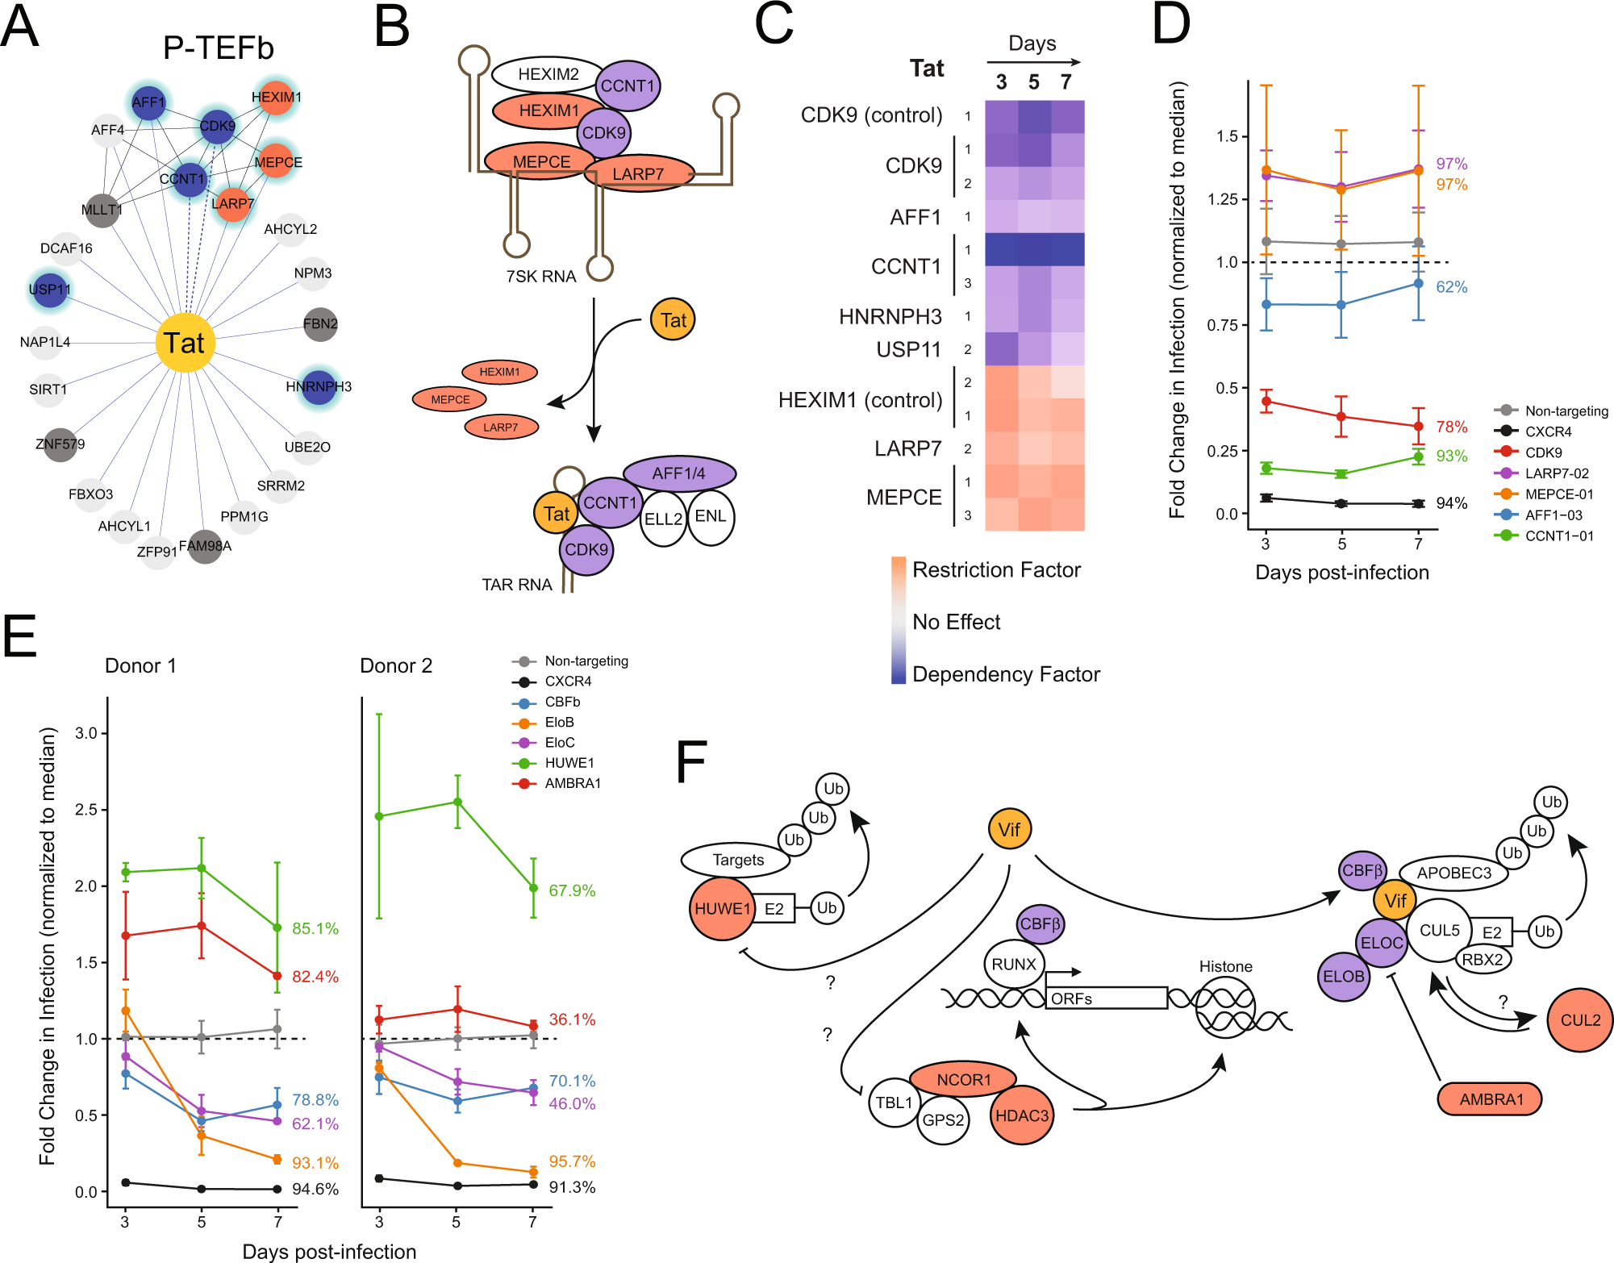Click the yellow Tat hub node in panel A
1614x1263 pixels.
point(185,343)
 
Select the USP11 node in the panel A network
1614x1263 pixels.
point(50,290)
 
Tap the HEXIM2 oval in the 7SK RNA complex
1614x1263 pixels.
point(548,74)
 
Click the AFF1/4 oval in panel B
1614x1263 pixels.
point(678,473)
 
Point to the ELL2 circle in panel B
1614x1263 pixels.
point(663,519)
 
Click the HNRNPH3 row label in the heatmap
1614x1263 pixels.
point(890,316)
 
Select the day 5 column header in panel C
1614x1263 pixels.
point(1033,82)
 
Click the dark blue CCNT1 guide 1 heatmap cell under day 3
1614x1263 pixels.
point(1001,249)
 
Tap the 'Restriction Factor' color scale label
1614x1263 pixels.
point(996,570)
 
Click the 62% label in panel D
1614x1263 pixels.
point(1451,287)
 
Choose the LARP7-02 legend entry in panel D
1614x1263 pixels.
point(1556,473)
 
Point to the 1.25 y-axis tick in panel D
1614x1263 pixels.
point(1222,199)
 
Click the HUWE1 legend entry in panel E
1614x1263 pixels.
point(569,763)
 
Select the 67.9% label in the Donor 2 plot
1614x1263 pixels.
point(572,890)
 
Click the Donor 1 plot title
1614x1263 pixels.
point(140,665)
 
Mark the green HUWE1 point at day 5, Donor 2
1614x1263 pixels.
point(457,802)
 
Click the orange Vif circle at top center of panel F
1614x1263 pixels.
point(1009,829)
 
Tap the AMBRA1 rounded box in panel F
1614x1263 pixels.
point(1490,1099)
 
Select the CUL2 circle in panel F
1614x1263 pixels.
point(1579,1019)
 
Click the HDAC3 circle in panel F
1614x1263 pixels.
point(1021,1115)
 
